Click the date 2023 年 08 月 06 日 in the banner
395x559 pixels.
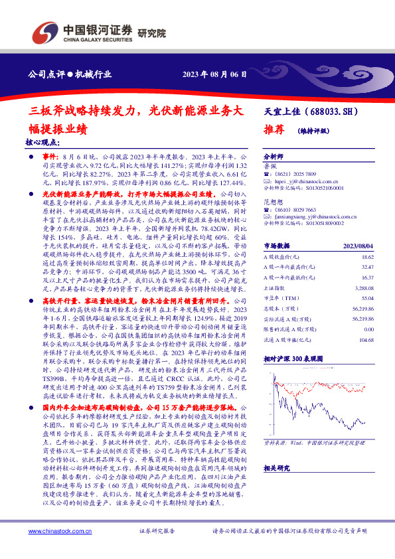coord(214,74)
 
